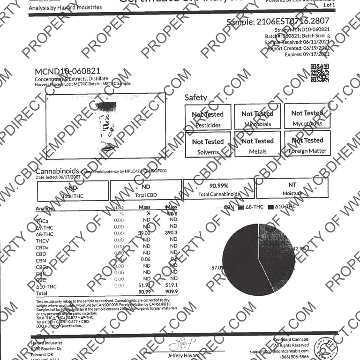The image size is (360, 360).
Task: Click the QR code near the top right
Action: pyautogui.click(x=320, y=73)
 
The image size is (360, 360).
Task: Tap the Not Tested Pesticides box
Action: pyautogui.click(x=208, y=118)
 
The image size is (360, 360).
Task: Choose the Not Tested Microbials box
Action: pyautogui.click(x=257, y=117)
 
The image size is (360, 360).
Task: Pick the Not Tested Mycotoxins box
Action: pyautogui.click(x=307, y=117)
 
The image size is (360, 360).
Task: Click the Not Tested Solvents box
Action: pyautogui.click(x=208, y=145)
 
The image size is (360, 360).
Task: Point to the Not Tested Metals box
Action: pyautogui.click(x=257, y=144)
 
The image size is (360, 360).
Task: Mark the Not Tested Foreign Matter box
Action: pyautogui.click(x=307, y=144)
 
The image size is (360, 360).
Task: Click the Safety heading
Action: pyautogui.click(x=195, y=97)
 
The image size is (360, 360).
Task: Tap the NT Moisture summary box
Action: pyautogui.click(x=292, y=188)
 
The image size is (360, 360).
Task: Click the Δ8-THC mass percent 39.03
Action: pyautogui.click(x=144, y=233)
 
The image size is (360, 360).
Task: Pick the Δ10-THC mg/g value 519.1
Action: pyautogui.click(x=171, y=285)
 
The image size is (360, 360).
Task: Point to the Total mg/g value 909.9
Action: pyautogui.click(x=171, y=292)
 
